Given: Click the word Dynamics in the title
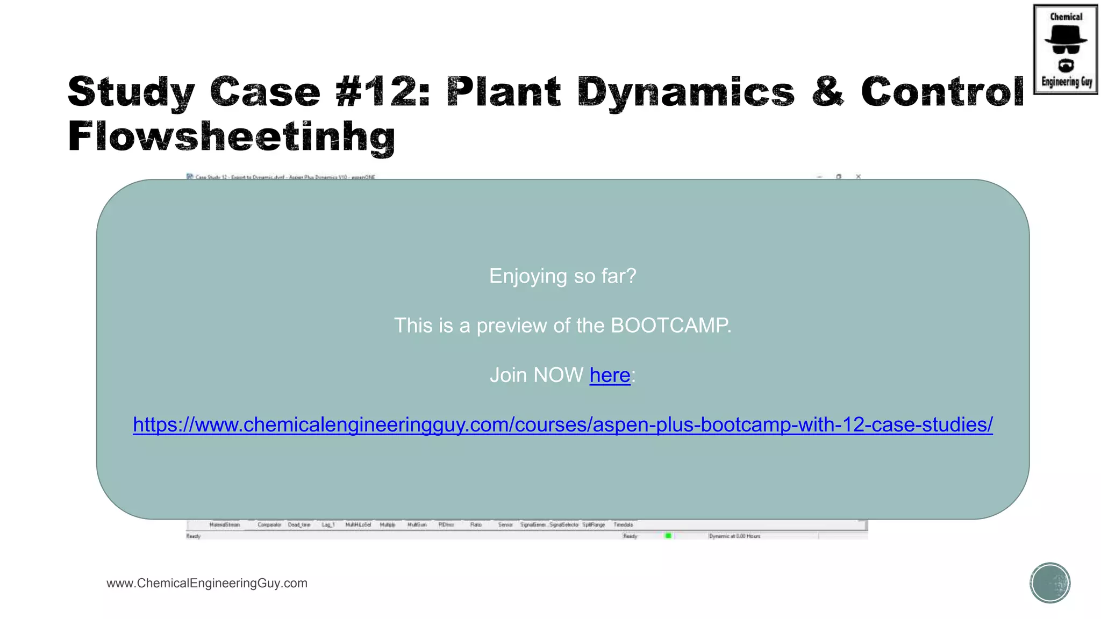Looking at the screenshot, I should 686,91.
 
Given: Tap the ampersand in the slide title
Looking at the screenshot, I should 828,91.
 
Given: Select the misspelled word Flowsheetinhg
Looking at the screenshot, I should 231,136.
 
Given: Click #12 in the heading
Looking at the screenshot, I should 382,91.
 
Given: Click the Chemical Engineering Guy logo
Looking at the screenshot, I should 1066,49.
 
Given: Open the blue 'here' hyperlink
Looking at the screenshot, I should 610,375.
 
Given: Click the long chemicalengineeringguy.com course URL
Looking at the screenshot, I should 563,424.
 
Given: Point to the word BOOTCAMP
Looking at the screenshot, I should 670,326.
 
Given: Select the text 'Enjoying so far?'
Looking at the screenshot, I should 562,276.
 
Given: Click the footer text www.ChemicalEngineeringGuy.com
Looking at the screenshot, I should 207,583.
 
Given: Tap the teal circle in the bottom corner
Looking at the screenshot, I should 1050,583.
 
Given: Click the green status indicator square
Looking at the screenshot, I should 668,536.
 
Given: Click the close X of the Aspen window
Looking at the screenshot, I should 859,176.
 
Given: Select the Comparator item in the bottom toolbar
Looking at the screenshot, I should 269,524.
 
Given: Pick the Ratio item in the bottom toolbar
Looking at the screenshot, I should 476,524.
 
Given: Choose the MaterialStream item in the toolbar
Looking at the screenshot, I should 225,524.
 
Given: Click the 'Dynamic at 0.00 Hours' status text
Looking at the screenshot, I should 734,536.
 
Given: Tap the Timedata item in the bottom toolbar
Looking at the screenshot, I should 623,524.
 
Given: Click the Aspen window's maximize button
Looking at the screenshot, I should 839,176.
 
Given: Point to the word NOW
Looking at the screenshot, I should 559,375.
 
